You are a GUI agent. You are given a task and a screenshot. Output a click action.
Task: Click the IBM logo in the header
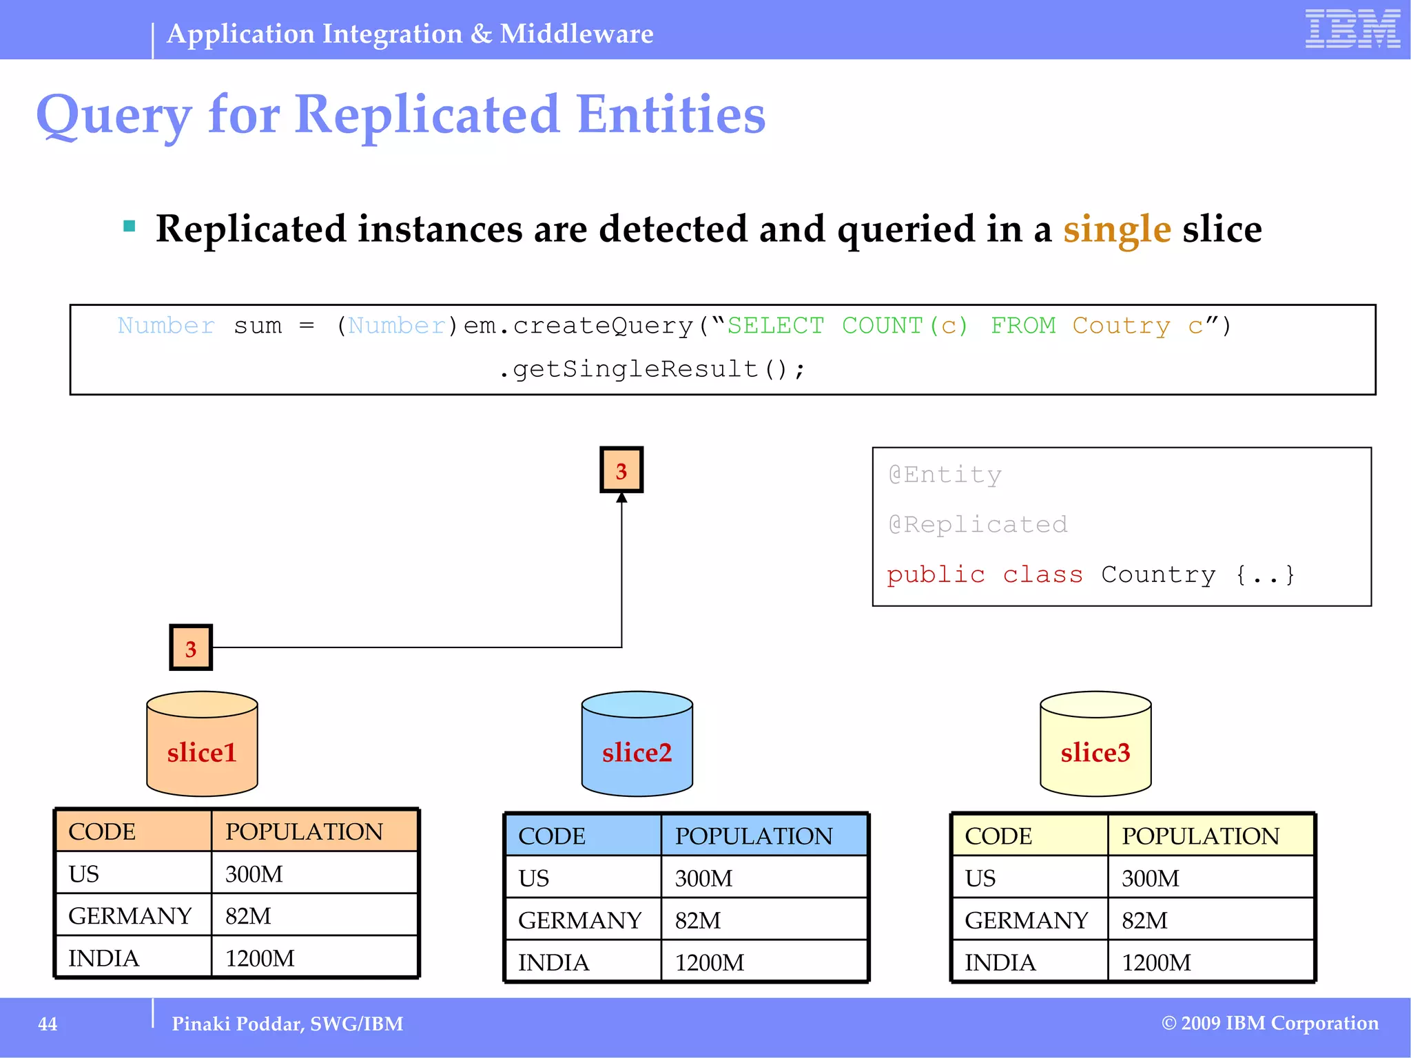[x=1352, y=29]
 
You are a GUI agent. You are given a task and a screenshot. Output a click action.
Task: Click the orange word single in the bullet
[x=1117, y=229]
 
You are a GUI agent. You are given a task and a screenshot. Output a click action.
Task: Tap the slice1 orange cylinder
[x=202, y=744]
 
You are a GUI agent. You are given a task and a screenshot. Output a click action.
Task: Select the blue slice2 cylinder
[x=637, y=744]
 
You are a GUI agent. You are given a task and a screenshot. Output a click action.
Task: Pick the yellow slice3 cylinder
[x=1095, y=744]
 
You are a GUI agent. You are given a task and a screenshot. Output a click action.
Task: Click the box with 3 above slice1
[x=191, y=647]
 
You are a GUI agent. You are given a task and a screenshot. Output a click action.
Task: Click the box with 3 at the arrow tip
[x=621, y=470]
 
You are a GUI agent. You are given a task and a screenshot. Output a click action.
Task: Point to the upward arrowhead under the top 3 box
[x=621, y=497]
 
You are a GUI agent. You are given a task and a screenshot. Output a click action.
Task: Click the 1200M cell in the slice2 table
[x=710, y=962]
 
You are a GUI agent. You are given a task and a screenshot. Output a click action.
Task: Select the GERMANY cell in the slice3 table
[x=1027, y=920]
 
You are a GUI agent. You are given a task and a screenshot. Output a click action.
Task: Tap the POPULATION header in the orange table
[x=304, y=831]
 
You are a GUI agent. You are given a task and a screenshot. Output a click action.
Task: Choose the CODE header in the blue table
[x=552, y=836]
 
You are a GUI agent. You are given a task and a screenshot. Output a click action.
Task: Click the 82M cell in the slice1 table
[x=248, y=916]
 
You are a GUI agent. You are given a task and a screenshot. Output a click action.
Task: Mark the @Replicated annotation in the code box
[x=978, y=525]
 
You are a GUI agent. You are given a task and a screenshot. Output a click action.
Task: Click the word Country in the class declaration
[x=1158, y=574]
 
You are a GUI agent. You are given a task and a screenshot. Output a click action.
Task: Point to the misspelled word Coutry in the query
[x=1121, y=325]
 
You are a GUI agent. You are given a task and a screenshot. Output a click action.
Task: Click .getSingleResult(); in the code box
[x=651, y=369]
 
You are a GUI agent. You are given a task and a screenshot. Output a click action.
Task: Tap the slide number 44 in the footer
[x=48, y=1024]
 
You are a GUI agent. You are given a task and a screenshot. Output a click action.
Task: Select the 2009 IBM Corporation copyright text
[x=1270, y=1023]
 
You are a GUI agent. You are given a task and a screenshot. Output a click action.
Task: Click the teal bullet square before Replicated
[x=129, y=226]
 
